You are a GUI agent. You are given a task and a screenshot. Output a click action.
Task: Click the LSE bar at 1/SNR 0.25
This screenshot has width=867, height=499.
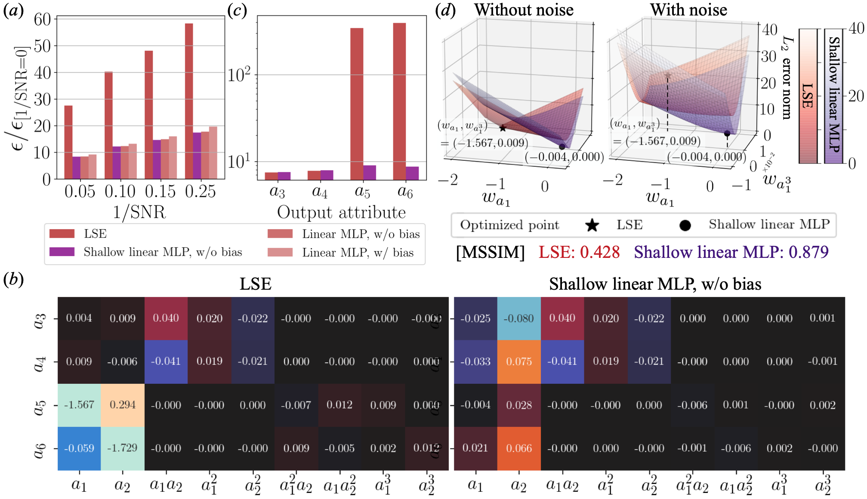(x=189, y=101)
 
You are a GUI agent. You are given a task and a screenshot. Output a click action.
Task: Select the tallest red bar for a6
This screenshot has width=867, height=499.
(x=399, y=101)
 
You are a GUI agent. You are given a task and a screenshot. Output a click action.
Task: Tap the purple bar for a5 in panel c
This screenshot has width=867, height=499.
(x=370, y=172)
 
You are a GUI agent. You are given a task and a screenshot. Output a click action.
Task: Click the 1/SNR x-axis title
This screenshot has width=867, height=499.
(x=139, y=212)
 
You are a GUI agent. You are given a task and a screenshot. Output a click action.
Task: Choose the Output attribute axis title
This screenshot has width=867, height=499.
(x=341, y=212)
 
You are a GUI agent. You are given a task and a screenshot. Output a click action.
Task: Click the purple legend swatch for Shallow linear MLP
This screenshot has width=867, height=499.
(x=62, y=252)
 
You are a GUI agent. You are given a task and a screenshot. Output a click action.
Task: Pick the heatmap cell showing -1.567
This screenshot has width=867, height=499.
(x=79, y=405)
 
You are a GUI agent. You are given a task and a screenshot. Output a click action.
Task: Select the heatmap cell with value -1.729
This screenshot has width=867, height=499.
(x=123, y=448)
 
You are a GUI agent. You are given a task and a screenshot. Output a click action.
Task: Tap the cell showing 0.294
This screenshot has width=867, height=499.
(x=123, y=405)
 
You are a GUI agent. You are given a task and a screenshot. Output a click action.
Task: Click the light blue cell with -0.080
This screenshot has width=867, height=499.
(x=519, y=318)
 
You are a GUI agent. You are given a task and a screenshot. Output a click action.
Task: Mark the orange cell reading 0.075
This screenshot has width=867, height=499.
(x=519, y=361)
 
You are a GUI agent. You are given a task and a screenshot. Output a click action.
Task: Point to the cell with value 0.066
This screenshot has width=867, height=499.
(x=519, y=448)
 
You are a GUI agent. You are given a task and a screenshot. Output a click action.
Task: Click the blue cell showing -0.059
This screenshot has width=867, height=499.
(x=79, y=448)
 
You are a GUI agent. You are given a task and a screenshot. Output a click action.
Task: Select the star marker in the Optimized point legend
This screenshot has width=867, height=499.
(x=592, y=225)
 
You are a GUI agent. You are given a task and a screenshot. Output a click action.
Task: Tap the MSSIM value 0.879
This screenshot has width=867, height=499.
(x=808, y=252)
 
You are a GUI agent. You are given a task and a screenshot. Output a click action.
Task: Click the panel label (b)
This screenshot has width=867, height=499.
(x=13, y=280)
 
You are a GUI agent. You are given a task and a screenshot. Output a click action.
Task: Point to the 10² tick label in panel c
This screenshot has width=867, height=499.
(x=239, y=75)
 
